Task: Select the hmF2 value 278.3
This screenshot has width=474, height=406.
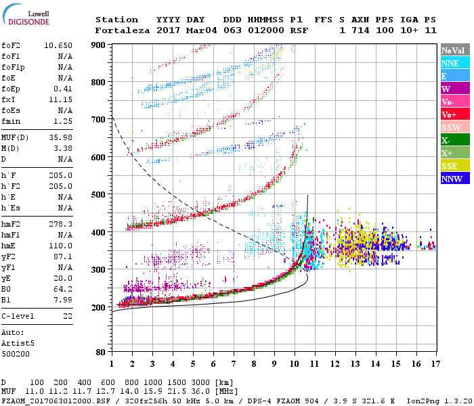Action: click(60, 223)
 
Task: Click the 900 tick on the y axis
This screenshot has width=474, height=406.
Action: click(98, 45)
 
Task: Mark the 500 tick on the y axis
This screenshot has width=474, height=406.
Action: click(98, 195)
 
